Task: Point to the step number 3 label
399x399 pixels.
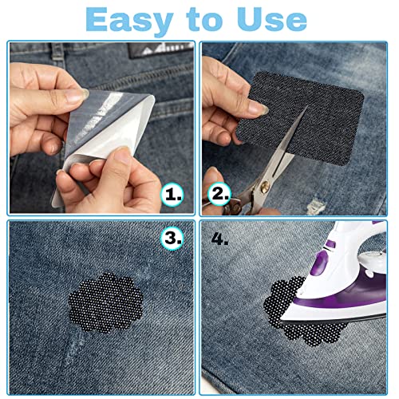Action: pos(172,238)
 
